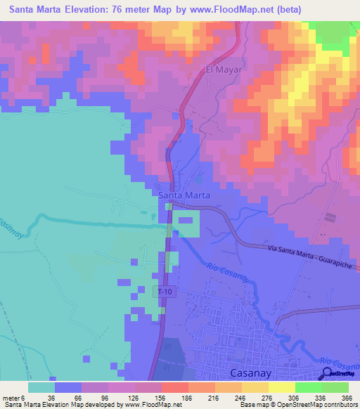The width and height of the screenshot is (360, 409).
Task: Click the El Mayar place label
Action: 224,70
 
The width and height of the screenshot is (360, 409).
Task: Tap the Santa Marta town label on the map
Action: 184,195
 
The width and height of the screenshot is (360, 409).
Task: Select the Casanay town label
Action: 250,373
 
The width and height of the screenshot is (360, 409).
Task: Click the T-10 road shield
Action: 164,291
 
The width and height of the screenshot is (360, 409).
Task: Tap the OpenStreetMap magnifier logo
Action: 328,375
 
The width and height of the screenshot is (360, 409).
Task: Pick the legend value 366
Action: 344,396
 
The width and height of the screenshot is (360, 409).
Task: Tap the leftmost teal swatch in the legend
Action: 41,387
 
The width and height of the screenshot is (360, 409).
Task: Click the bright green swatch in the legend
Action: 308,387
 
